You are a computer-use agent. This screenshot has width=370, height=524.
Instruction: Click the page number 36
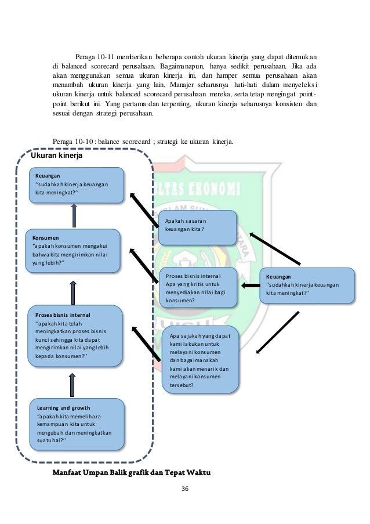pyautogui.click(x=184, y=489)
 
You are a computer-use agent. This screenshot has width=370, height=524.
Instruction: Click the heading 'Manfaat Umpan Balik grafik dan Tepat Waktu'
pyautogui.click(x=132, y=472)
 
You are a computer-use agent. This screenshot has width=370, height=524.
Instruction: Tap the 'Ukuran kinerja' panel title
pyautogui.click(x=56, y=156)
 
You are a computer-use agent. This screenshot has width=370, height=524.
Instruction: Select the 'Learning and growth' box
pyautogui.click(x=77, y=424)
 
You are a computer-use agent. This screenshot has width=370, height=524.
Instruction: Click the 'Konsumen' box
pyautogui.click(x=73, y=251)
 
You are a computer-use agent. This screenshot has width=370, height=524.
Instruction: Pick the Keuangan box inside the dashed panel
pyautogui.click(x=77, y=186)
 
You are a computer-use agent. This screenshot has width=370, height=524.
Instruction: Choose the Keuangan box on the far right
pyautogui.click(x=307, y=286)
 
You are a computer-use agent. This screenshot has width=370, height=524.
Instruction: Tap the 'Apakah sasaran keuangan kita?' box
pyautogui.click(x=197, y=228)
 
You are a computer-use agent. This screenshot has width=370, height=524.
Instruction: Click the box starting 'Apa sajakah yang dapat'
pyautogui.click(x=200, y=360)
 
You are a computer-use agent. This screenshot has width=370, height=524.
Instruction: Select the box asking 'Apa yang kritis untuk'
pyautogui.click(x=198, y=288)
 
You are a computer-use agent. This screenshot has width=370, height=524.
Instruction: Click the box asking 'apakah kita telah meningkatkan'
pyautogui.click(x=75, y=336)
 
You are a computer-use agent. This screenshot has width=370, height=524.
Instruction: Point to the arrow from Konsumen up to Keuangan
pyautogui.click(x=74, y=216)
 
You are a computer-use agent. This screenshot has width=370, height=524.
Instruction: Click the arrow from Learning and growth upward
pyautogui.click(x=72, y=385)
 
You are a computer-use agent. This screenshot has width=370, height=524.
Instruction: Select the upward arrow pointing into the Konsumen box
pyautogui.click(x=73, y=292)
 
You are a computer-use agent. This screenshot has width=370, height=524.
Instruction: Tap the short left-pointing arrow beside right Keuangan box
pyautogui.click(x=251, y=286)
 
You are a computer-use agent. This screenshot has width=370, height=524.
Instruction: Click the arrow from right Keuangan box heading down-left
pyautogui.click(x=277, y=333)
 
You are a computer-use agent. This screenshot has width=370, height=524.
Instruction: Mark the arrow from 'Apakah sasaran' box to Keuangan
pyautogui.click(x=144, y=210)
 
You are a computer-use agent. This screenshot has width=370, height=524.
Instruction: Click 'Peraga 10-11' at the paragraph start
pyautogui.click(x=95, y=57)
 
